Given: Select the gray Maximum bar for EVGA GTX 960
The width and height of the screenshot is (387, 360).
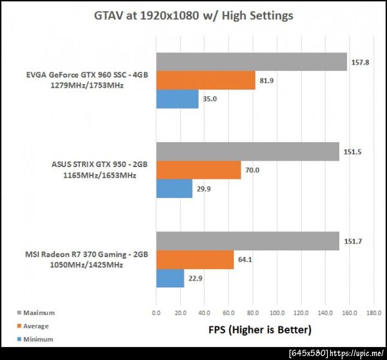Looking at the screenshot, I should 252,62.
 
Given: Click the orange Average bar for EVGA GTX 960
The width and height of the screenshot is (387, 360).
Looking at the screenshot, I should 205,80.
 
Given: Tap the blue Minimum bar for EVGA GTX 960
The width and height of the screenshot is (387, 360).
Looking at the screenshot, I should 177,99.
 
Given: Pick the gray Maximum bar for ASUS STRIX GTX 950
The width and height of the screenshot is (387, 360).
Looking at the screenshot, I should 248,152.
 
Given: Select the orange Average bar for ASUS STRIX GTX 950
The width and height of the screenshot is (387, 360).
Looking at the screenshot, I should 198,170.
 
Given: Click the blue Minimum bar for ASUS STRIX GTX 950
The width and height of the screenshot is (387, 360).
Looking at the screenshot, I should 174,188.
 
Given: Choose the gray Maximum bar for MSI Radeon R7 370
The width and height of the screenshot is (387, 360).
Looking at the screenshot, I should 248,241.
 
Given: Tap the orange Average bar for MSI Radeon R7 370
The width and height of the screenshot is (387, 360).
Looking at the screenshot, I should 195,259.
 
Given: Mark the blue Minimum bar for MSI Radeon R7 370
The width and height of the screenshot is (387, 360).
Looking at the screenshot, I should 170,278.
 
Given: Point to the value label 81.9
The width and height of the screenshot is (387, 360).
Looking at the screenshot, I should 267,81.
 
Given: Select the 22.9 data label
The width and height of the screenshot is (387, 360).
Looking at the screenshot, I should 195,279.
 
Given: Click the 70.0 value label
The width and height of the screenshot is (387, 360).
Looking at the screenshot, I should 253,170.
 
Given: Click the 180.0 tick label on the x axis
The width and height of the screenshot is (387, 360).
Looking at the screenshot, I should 373,314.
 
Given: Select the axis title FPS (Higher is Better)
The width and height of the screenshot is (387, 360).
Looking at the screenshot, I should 259,330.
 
